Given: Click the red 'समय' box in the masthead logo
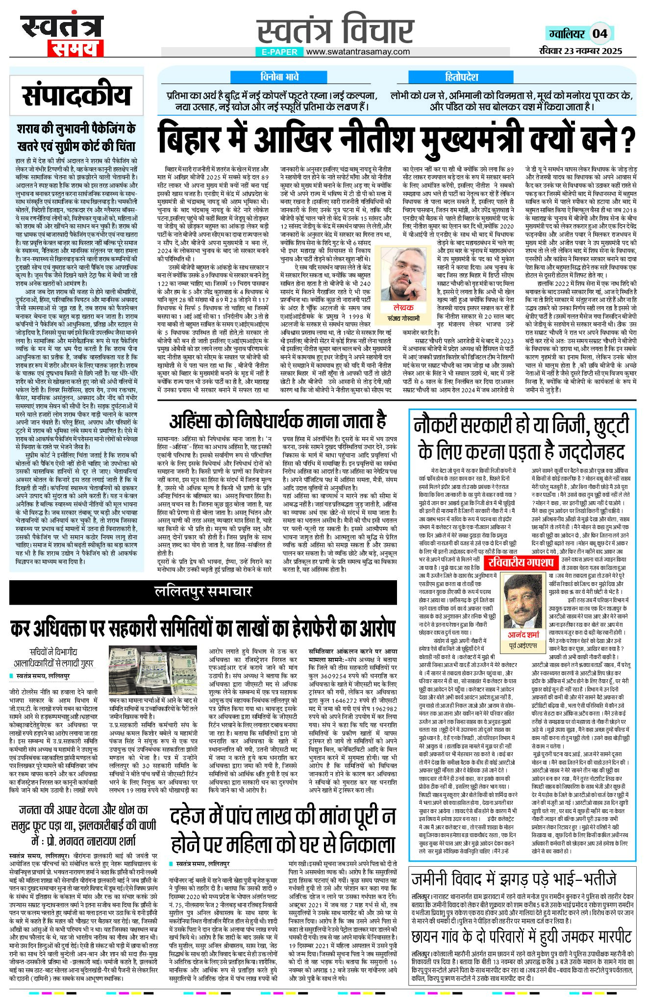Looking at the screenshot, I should pyautogui.click(x=75, y=49).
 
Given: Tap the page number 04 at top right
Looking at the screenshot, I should pyautogui.click(x=600, y=33).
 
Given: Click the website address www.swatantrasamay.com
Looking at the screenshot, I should pyautogui.click(x=358, y=51).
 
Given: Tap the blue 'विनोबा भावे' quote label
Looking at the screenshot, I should pyautogui.click(x=279, y=77).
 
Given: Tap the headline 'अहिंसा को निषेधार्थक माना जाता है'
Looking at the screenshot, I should pyautogui.click(x=278, y=421).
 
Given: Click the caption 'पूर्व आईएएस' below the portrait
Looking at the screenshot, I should pyautogui.click(x=523, y=645).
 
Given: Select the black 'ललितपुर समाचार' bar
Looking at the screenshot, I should pyautogui.click(x=203, y=592).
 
